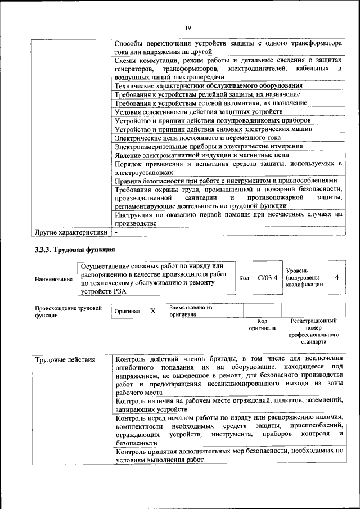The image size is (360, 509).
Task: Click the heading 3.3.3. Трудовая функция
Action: pyautogui.click(x=75, y=249)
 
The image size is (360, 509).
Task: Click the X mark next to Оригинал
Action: pyautogui.click(x=152, y=310)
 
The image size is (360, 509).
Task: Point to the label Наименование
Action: pyautogui.click(x=53, y=279)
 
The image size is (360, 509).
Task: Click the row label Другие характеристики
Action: pyautogui.click(x=71, y=232)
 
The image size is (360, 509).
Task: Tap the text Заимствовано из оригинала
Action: pyautogui.click(x=191, y=311)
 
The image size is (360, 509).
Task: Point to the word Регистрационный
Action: pyautogui.click(x=313, y=321)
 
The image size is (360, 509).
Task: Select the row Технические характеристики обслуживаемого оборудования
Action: pyautogui.click(x=208, y=86)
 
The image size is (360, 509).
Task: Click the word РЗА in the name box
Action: pyautogui.click(x=119, y=292)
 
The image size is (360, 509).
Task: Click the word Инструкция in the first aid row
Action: pyautogui.click(x=134, y=214)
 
